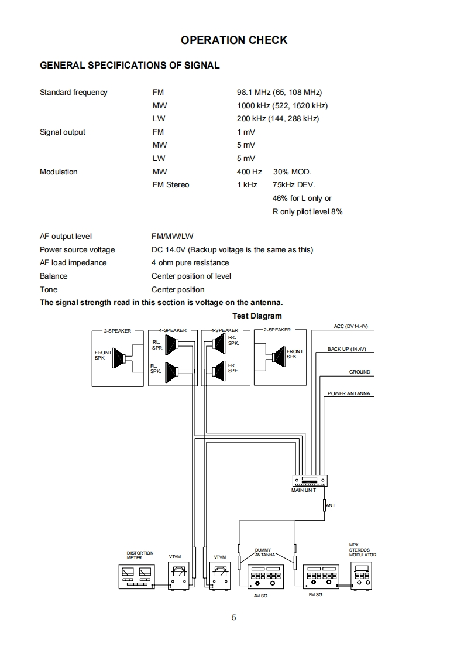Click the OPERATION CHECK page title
point(234,40)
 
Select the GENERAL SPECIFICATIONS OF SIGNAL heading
point(129,66)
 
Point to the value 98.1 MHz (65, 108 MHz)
point(279,93)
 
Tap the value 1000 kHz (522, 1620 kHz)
point(282,105)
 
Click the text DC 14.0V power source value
point(232,249)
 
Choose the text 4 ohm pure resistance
point(190,263)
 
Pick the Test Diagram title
point(257,316)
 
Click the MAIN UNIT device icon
point(310,481)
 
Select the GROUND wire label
point(360,372)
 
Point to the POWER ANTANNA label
point(349,393)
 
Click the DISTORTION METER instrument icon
point(136,577)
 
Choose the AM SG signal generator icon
point(266,576)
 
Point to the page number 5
point(233,617)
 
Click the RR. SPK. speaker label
point(233,340)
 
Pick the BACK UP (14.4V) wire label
point(346,349)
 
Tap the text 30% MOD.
point(293,172)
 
